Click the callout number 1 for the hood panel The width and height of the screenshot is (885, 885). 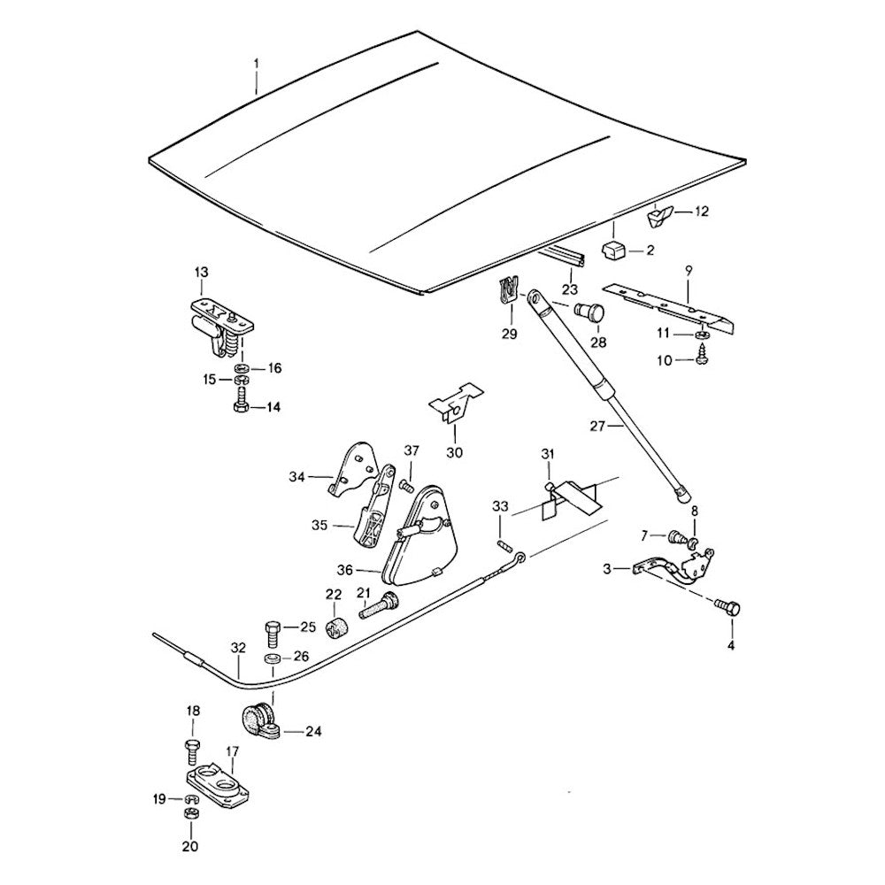[257, 64]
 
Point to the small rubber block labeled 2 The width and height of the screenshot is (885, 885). [613, 250]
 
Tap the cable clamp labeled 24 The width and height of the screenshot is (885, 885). [262, 720]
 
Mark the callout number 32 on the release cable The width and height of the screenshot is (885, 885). [236, 647]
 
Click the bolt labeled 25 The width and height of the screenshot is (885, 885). [273, 633]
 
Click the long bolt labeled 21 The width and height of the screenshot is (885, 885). [375, 608]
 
